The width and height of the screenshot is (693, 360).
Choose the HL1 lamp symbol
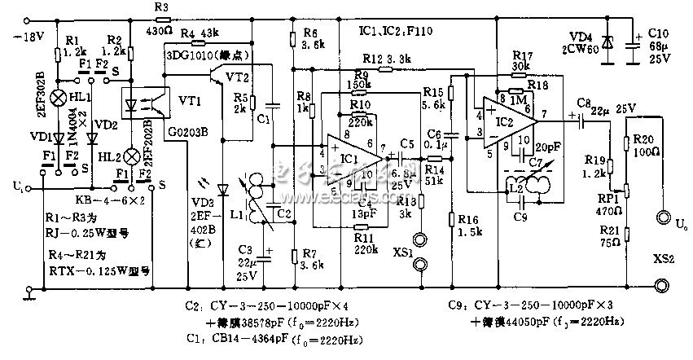click(x=59, y=97)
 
